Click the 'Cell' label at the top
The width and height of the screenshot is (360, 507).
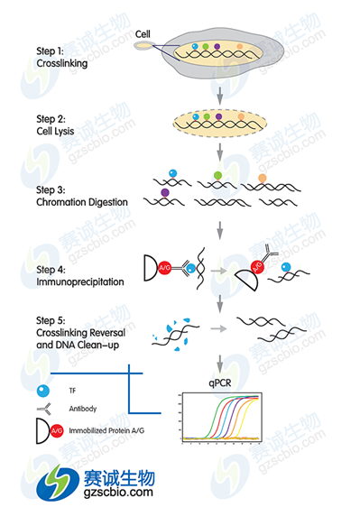(x=143, y=34)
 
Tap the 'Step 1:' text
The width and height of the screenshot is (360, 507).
(x=50, y=51)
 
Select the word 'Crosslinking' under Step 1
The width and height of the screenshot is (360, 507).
(x=61, y=63)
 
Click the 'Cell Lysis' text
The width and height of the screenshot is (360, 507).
(x=55, y=131)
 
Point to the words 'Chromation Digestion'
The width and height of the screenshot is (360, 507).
(x=82, y=202)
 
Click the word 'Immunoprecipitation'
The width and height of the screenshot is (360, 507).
(x=80, y=281)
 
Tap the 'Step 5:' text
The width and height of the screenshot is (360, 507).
(x=51, y=320)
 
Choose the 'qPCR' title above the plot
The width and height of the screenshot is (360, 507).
(x=220, y=383)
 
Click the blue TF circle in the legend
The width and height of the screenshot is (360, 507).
(x=43, y=391)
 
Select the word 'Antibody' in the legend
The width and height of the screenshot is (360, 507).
(x=83, y=409)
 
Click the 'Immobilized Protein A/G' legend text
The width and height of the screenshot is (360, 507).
(x=106, y=430)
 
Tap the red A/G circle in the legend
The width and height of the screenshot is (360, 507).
(x=57, y=430)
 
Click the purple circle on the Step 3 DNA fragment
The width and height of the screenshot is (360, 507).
(x=165, y=193)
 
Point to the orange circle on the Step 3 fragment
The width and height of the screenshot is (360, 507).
(x=263, y=178)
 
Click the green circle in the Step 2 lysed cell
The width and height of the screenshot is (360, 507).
(x=207, y=116)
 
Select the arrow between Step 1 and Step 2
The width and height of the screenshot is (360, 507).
(x=220, y=96)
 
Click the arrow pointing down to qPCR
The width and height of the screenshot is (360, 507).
(x=220, y=364)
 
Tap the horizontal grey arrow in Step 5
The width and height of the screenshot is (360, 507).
(x=218, y=329)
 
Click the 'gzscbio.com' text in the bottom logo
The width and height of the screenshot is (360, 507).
(x=118, y=493)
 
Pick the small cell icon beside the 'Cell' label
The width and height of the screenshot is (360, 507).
(x=144, y=46)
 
